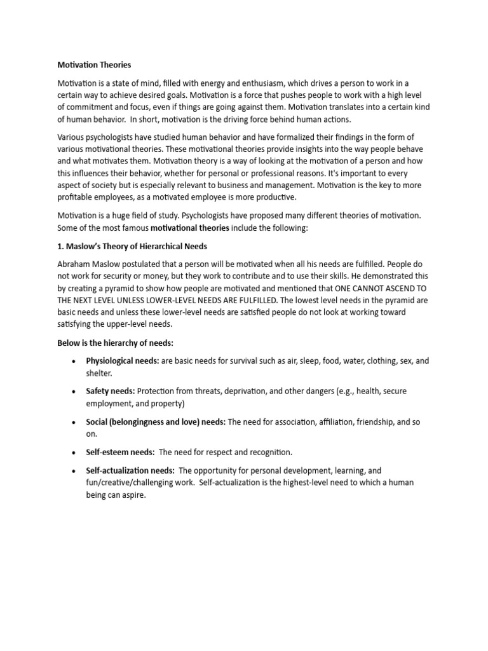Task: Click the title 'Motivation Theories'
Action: [94, 65]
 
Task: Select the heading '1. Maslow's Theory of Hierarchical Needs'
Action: [132, 246]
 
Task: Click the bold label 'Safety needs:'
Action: [111, 391]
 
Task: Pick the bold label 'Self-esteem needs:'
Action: [120, 452]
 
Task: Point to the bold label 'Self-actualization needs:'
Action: [130, 470]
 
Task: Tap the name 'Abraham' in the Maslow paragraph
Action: [76, 264]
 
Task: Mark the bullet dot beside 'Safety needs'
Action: [74, 392]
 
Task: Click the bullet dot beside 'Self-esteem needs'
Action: [74, 453]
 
